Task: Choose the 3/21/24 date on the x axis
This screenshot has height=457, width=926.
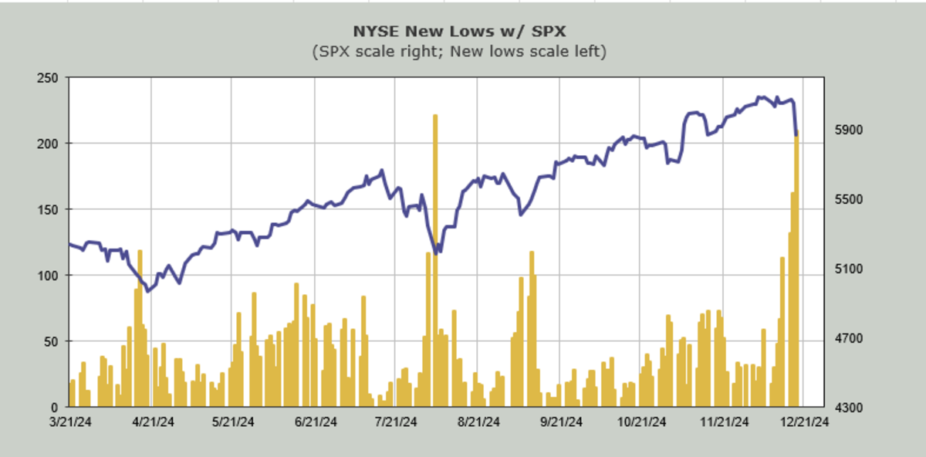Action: (x=70, y=421)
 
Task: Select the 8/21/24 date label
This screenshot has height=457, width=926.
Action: (x=478, y=421)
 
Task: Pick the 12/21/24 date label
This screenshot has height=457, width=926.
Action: (x=803, y=421)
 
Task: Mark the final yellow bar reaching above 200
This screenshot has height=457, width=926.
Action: (x=796, y=270)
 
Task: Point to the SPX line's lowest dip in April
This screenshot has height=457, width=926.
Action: (x=148, y=291)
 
